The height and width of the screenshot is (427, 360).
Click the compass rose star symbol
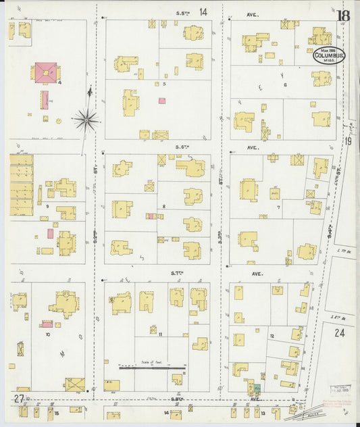point(86,121)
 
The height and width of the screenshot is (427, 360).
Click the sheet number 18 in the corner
point(344,16)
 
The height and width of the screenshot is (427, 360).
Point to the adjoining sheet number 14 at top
point(203,12)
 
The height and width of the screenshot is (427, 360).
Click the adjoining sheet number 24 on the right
point(339,332)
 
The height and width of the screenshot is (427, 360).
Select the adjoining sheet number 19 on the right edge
point(349,141)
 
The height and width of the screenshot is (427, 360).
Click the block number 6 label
point(286,84)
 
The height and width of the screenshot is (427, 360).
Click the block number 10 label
point(47,334)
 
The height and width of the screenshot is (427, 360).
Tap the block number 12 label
point(272,336)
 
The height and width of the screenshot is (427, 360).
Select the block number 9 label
point(47,205)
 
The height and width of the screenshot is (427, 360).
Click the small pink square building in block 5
point(162,101)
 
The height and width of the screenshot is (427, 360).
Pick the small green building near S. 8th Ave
point(257,389)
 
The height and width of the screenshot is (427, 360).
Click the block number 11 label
point(161,334)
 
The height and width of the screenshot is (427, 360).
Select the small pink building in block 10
point(47,324)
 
